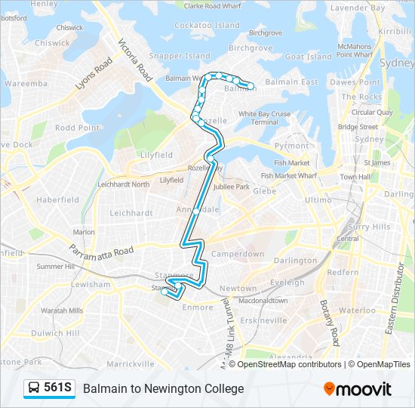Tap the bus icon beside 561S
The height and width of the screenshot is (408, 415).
(x=35, y=388)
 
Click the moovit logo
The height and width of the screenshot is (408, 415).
(x=358, y=389)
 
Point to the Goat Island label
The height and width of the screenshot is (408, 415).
(x=308, y=57)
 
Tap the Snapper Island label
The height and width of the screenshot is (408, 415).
(x=180, y=56)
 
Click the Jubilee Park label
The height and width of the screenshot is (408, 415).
(x=232, y=187)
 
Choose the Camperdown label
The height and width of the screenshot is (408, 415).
(x=237, y=254)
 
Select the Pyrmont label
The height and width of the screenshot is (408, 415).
(x=291, y=145)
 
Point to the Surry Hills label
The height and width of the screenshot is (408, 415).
(x=370, y=226)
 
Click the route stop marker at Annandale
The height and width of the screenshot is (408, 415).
(x=197, y=211)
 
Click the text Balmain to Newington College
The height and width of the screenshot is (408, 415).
(x=164, y=388)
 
